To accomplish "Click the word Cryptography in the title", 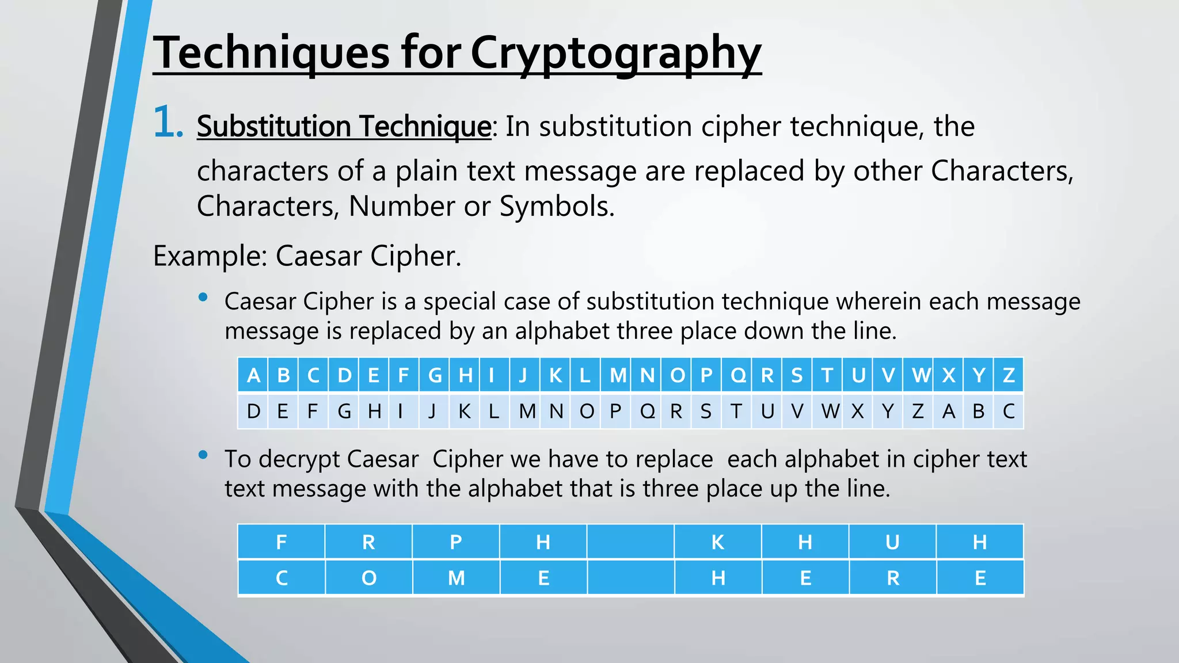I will pos(616,53).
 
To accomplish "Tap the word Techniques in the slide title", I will pos(271,53).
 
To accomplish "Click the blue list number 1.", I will pos(168,123).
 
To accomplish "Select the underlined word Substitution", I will pos(273,126).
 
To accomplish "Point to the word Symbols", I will pos(557,206).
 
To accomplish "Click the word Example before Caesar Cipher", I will pos(210,256).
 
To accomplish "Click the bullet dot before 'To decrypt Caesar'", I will pos(203,455).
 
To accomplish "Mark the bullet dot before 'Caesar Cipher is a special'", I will pos(203,297).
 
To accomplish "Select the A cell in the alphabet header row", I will pos(253,375).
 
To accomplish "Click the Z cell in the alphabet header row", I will pos(1009,375).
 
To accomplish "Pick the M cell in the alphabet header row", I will pos(618,375).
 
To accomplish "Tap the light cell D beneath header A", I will pos(253,411).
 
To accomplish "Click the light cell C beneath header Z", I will pos(1009,411).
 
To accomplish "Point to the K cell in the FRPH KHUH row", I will pos(718,542).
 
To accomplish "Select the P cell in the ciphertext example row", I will pos(456,542).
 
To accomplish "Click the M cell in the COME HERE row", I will pos(456,577).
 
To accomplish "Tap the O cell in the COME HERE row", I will pos(369,577).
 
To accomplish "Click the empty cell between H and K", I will pos(630,542).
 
